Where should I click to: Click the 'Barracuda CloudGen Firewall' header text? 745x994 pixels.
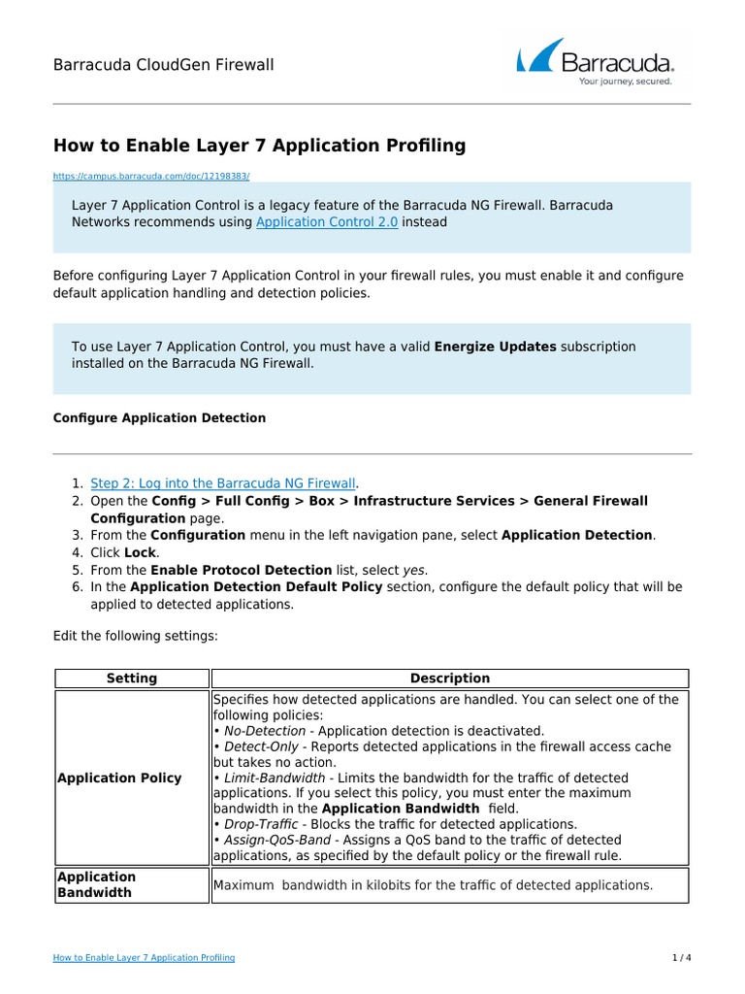163,65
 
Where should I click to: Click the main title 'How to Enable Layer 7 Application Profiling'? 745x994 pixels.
259,146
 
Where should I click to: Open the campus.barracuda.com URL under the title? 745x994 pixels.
151,177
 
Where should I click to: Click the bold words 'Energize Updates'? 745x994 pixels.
495,347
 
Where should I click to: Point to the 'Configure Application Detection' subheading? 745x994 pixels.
159,418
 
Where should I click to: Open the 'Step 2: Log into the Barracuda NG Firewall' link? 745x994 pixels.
223,482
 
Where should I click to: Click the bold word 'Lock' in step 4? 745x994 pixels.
140,552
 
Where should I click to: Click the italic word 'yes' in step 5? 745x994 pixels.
415,570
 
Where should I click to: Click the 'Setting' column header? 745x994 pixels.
132,679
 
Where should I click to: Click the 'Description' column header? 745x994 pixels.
450,679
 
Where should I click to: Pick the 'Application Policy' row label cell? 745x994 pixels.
119,779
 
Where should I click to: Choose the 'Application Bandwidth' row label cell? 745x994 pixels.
97,884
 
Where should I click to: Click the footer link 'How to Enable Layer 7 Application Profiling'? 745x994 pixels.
144,958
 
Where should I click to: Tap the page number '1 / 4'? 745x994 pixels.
681,958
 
